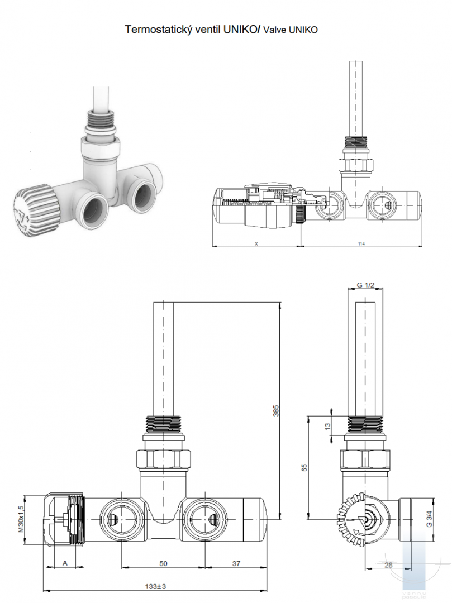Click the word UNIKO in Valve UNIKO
(x=303, y=30)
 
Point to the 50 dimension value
(x=163, y=563)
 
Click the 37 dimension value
(x=236, y=563)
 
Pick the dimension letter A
(x=65, y=563)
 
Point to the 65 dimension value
(x=304, y=467)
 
